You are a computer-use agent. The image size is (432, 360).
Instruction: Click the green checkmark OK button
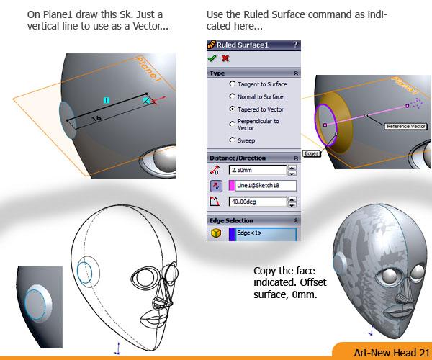point(212,58)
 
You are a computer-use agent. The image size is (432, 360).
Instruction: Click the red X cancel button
point(225,58)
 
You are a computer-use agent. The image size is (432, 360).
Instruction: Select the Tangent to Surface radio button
point(233,84)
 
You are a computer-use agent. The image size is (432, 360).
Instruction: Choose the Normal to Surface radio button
point(233,96)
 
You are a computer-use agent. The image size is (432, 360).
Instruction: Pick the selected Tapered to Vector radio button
point(233,109)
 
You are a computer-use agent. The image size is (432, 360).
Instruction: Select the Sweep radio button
point(233,140)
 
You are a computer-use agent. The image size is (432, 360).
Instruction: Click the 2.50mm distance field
point(258,170)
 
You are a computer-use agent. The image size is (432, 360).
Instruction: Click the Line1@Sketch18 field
point(263,185)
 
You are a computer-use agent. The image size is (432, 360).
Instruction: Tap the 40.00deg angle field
point(258,202)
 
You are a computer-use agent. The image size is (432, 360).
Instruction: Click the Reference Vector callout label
point(406,127)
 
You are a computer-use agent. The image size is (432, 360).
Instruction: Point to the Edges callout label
point(312,153)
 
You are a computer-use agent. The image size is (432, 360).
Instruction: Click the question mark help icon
point(295,45)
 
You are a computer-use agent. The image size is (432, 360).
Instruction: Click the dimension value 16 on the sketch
point(96,119)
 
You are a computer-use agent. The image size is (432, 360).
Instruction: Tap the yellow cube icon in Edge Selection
point(216,233)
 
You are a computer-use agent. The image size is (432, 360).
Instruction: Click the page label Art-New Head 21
point(392,353)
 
